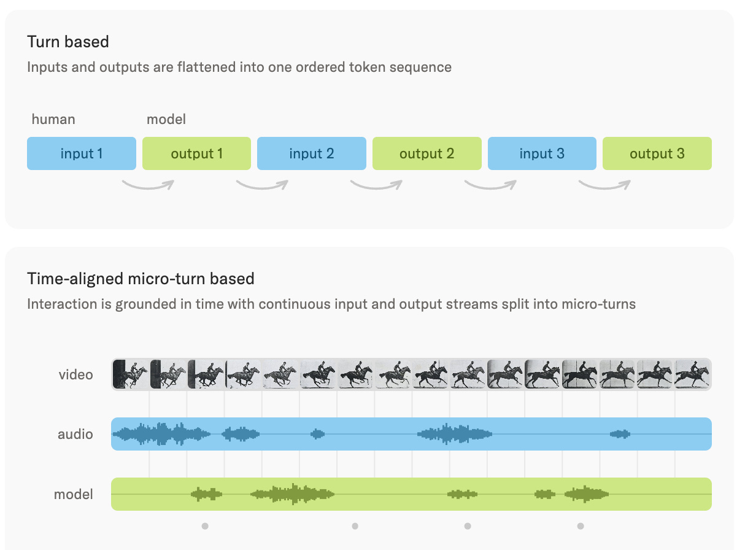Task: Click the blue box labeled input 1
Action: (82, 153)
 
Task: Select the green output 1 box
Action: (196, 153)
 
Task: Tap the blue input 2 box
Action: (312, 153)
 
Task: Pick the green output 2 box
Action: (427, 153)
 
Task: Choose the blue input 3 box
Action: (542, 153)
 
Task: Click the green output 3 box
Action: (657, 153)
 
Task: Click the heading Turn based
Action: (68, 42)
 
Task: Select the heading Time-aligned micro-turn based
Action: (141, 279)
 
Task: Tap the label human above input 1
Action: (53, 119)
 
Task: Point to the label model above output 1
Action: (166, 119)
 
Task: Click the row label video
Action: (76, 374)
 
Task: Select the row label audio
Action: (75, 434)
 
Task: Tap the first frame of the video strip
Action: (130, 374)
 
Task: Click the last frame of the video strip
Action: (693, 374)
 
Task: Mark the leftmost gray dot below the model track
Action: (205, 526)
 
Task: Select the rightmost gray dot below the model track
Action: (581, 526)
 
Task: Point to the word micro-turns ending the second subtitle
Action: (599, 304)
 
